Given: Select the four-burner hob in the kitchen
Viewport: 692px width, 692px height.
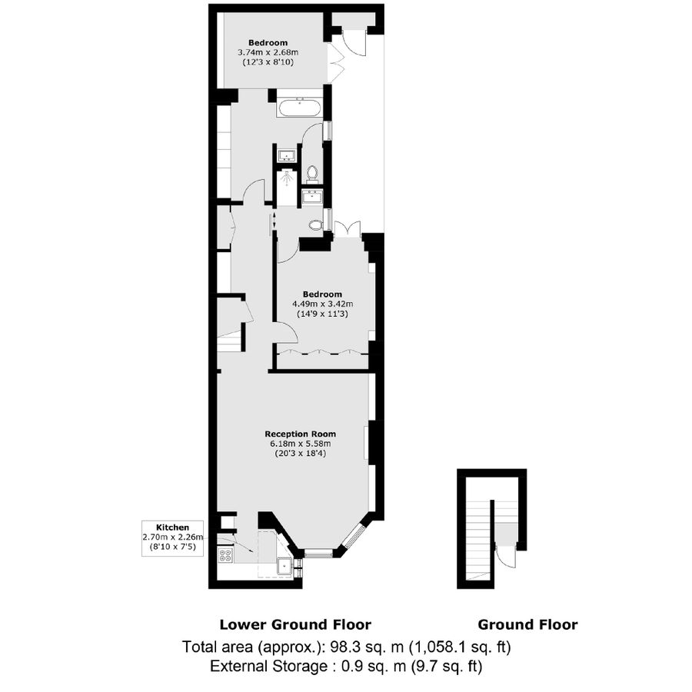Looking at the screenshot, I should (x=226, y=555).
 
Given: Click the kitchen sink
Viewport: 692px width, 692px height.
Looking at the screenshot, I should (x=285, y=567).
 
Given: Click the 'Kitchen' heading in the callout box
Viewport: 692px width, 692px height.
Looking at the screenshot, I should (x=172, y=527).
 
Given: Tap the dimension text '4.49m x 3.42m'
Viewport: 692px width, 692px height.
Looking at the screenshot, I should (x=322, y=304).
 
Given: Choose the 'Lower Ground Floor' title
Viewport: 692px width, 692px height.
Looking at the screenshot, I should (x=295, y=624).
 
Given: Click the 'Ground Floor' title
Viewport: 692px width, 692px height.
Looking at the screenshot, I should (x=527, y=624).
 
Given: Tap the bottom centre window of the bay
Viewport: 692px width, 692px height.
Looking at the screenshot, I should (x=317, y=552).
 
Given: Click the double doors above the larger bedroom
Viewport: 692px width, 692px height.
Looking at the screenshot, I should (x=346, y=228).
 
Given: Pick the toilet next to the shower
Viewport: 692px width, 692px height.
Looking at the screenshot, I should (x=313, y=172).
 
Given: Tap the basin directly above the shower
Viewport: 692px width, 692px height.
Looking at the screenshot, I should (x=286, y=154).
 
